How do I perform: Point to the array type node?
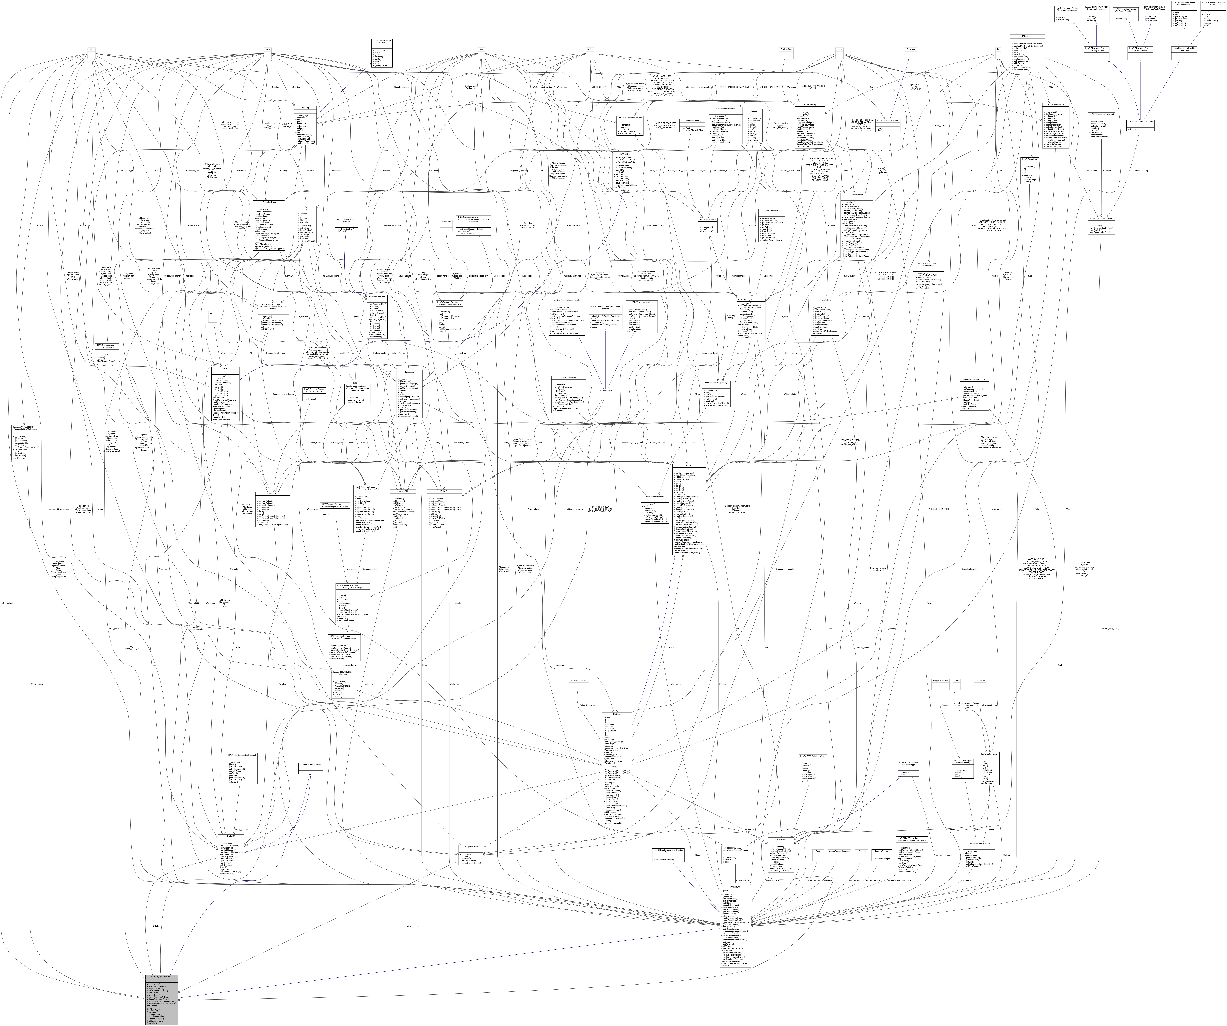(268, 49)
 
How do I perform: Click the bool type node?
(480, 49)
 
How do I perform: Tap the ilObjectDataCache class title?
(1055, 105)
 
